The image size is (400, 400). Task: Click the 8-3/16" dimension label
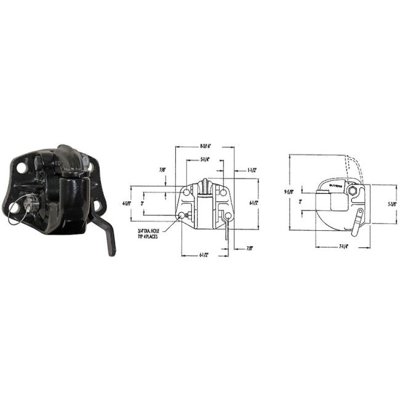[x=206, y=146]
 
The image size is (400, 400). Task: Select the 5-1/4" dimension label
[x=207, y=159]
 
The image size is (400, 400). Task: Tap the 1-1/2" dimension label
[x=252, y=169]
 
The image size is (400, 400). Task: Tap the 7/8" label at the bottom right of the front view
[x=249, y=248]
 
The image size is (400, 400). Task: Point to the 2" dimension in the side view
[x=301, y=201]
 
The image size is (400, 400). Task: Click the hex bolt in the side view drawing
[x=352, y=193]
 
